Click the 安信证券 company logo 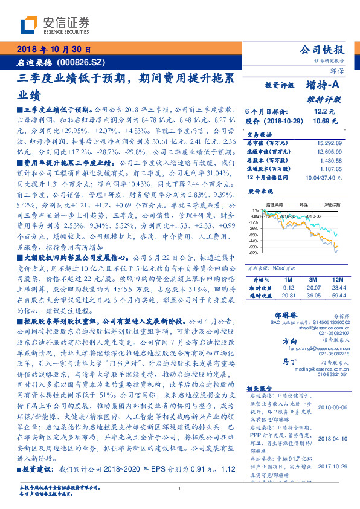click(54, 25)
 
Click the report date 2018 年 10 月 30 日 click(53, 50)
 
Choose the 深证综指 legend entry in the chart click(333, 206)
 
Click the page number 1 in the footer click(180, 488)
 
